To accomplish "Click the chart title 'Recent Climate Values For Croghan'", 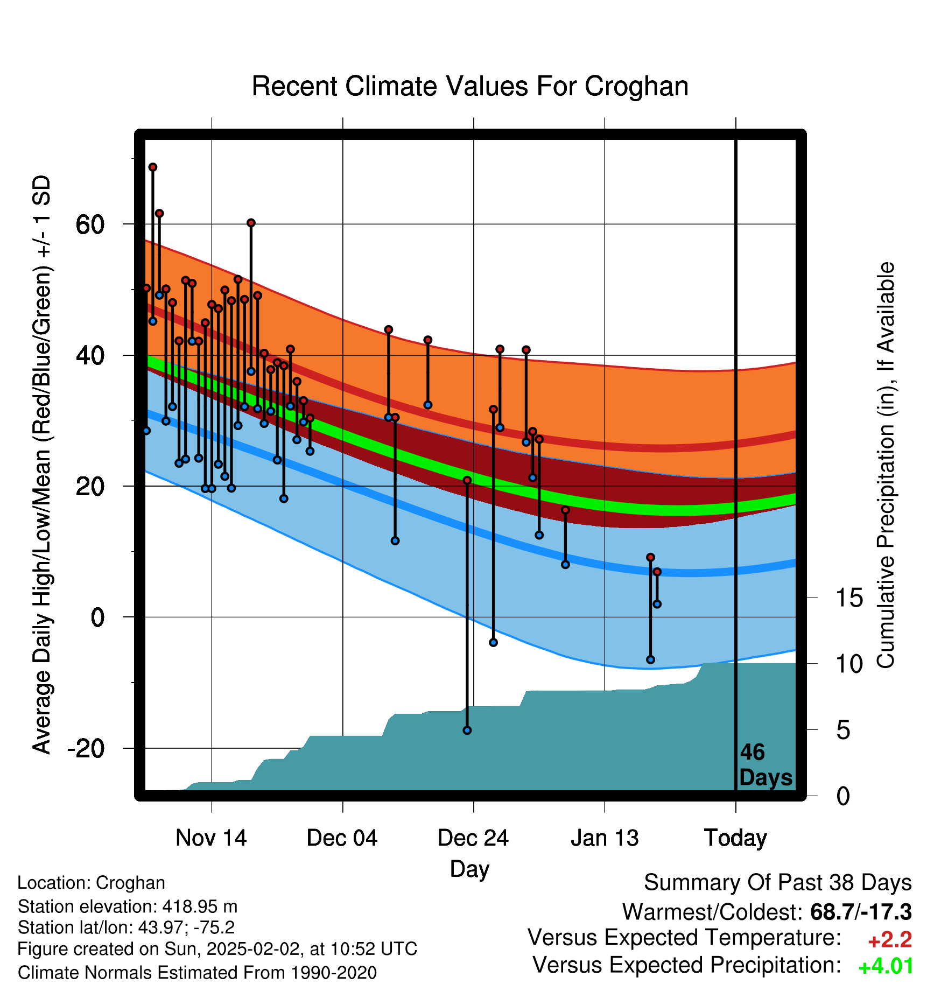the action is tap(470, 86).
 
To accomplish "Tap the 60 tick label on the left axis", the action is tap(90, 224).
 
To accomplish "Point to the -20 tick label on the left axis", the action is tap(86, 748).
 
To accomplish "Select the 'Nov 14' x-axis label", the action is tap(211, 838).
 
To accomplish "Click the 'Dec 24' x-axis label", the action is tap(473, 838).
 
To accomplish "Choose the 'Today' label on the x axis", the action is tap(735, 838).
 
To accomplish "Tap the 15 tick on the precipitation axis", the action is tap(849, 598).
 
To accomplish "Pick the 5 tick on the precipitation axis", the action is tap(843, 730).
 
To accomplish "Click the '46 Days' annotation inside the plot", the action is tap(766, 765).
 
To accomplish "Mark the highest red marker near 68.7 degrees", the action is tap(153, 167).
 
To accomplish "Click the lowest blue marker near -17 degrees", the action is tap(467, 730).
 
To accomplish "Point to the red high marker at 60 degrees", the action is tap(251, 223).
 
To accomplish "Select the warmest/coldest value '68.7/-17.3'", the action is tap(861, 912).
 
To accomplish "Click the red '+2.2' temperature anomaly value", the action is tap(890, 940).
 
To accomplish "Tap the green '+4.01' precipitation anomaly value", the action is tap(886, 966).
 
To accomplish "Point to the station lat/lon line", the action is tap(126, 927).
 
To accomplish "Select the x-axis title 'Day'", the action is tap(469, 869).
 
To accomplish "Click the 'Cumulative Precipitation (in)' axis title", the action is tap(886, 466).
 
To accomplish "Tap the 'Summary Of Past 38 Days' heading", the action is tap(778, 883).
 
